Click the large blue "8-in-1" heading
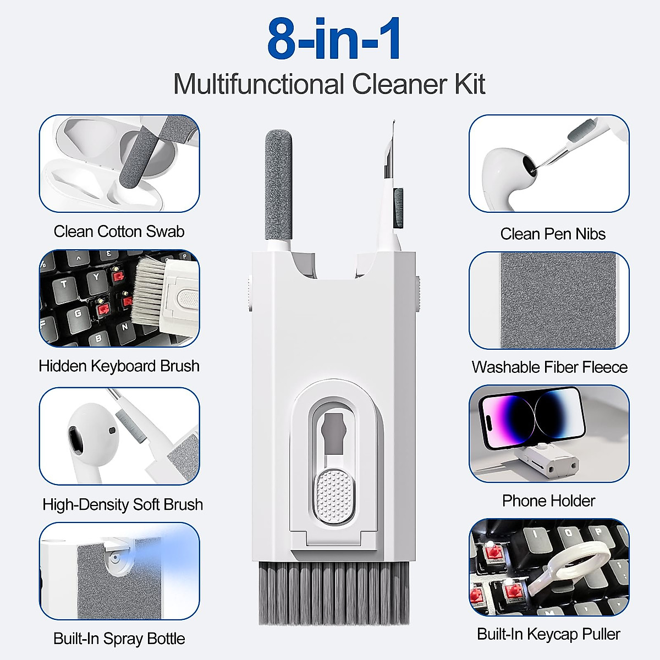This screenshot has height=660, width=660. pos(334,40)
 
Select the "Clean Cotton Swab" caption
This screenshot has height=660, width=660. pos(119,231)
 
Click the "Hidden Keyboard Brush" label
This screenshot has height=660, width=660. pos(119,366)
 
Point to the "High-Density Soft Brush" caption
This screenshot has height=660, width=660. pos(122,504)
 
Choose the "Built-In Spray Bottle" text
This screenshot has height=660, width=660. pos(119,639)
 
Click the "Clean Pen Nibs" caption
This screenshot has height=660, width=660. pos(552,234)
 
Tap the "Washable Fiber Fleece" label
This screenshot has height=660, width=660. pos(549,367)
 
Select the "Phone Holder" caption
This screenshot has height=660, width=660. pos(548,501)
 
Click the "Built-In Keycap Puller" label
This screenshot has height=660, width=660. pos(548,634)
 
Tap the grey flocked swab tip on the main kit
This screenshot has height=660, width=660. pos(278,182)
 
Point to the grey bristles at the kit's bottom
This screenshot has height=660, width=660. pos(334,594)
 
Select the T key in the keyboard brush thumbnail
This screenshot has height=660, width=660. pos(64,284)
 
